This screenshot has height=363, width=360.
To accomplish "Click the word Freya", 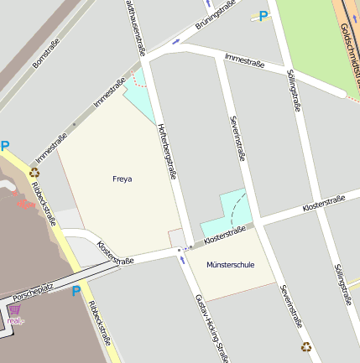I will coord(123,179).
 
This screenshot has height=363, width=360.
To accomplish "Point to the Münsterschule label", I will coord(229,265).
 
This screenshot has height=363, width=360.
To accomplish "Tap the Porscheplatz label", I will coord(33,290).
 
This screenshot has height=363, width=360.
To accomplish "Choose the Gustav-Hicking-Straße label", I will coord(211,327).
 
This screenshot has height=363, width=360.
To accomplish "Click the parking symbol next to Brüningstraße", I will coord(263,15).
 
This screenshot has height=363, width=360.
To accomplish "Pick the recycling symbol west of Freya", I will coord(34,174).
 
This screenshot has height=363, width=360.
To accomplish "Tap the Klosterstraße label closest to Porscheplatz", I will coord(116,253).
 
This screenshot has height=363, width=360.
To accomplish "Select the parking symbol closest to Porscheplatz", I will coord(76,291).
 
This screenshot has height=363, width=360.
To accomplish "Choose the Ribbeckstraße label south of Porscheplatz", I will coord(100,324).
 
